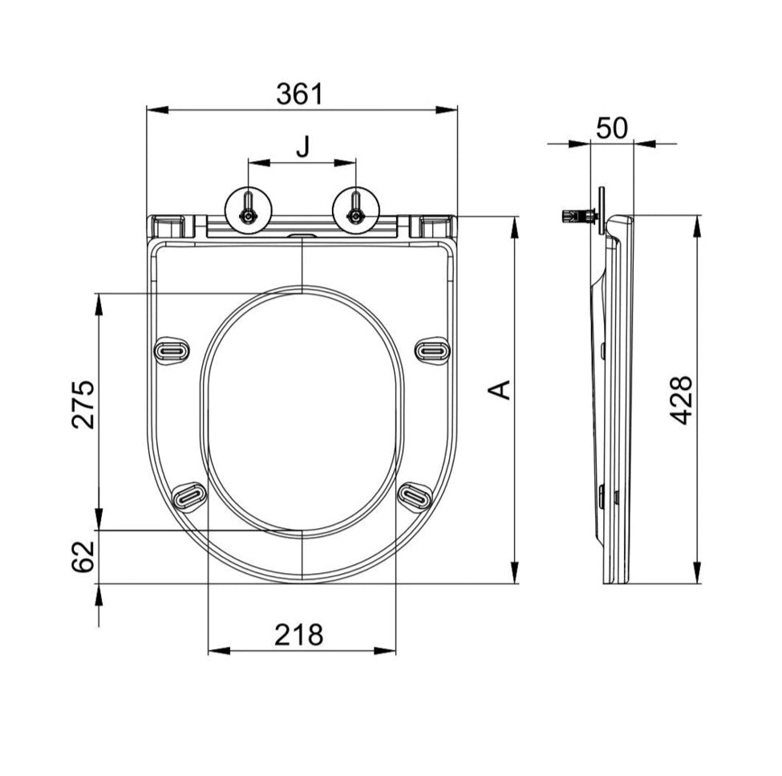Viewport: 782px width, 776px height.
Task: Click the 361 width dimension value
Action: (x=300, y=94)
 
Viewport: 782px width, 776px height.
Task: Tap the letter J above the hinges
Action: (x=302, y=147)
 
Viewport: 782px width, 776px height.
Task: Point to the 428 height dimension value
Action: (x=681, y=400)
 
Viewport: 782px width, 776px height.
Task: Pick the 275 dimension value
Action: (x=83, y=404)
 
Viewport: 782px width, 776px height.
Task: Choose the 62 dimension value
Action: (x=83, y=556)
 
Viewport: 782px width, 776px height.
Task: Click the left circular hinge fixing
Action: (x=249, y=210)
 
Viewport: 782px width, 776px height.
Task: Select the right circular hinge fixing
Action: (x=355, y=210)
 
